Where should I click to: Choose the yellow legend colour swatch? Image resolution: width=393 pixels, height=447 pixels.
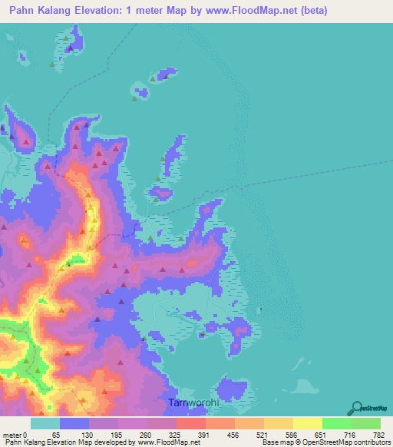click(308, 424)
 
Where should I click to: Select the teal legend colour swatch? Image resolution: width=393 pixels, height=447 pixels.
click(45, 424)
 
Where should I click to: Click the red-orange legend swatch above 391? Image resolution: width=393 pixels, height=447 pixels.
click(191, 424)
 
